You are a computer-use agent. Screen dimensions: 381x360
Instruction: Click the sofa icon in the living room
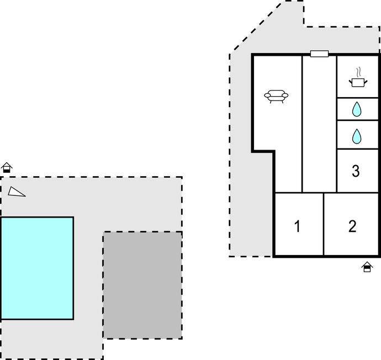coord(276,97)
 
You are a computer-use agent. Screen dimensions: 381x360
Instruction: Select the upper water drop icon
coord(357,109)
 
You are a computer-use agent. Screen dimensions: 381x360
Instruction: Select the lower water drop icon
coord(357,136)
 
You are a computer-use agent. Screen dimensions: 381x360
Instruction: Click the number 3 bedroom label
coord(356,171)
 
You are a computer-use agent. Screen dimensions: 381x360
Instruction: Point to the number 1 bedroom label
coord(297,226)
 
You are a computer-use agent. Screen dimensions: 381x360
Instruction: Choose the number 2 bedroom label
coord(352,226)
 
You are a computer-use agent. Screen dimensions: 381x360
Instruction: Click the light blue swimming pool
coord(37,268)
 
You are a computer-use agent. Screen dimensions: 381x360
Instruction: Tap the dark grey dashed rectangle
coord(142,285)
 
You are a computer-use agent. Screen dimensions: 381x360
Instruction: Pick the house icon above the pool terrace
coord(7,168)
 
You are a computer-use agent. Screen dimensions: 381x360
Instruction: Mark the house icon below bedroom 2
coord(367,267)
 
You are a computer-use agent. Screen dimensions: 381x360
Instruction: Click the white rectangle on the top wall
coord(319,54)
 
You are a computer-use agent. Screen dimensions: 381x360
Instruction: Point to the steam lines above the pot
coord(358,72)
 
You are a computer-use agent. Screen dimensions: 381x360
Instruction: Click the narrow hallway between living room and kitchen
coord(319,124)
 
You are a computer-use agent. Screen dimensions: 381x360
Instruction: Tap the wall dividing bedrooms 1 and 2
coord(324,224)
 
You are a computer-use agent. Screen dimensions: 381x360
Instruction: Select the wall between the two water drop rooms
coord(357,120)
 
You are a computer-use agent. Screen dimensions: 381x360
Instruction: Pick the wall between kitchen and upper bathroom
coord(357,98)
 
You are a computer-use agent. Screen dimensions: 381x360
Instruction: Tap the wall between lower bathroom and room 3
coord(357,149)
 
